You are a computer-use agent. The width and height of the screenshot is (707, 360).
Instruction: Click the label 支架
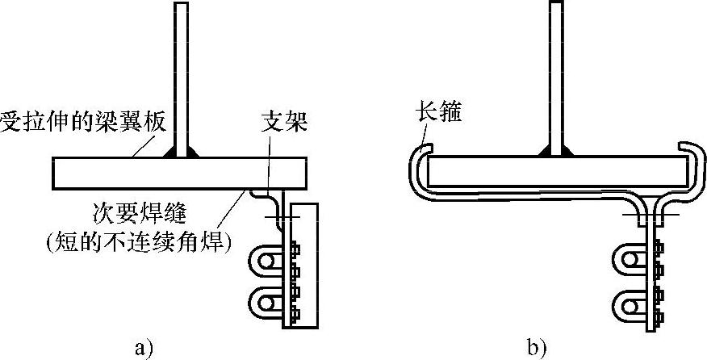click(x=285, y=123)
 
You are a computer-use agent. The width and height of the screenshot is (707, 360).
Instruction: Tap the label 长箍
click(x=438, y=113)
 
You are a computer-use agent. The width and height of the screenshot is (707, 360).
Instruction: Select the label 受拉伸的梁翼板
click(x=82, y=123)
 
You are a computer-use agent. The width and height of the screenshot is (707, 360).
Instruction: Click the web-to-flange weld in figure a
click(x=182, y=152)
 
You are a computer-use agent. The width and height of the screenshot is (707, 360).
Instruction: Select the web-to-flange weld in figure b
click(x=557, y=152)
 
